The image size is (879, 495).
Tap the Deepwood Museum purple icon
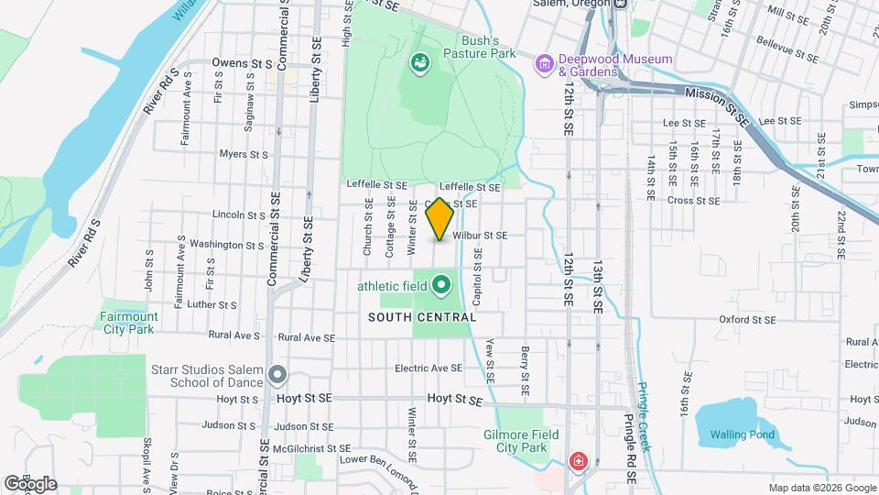point(545,64)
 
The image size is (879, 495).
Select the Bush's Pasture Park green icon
point(420,63)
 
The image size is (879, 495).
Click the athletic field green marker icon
point(441,285)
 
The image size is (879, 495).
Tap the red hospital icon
point(578,460)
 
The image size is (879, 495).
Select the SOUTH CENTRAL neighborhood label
point(422,317)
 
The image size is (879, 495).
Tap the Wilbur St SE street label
point(480,236)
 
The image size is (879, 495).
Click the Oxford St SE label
point(747,320)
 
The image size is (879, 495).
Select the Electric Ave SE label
point(429,368)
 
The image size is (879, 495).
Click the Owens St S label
point(242,63)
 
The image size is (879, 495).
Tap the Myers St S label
point(244,154)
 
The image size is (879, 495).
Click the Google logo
point(29,484)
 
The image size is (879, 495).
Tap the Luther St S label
point(212,305)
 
